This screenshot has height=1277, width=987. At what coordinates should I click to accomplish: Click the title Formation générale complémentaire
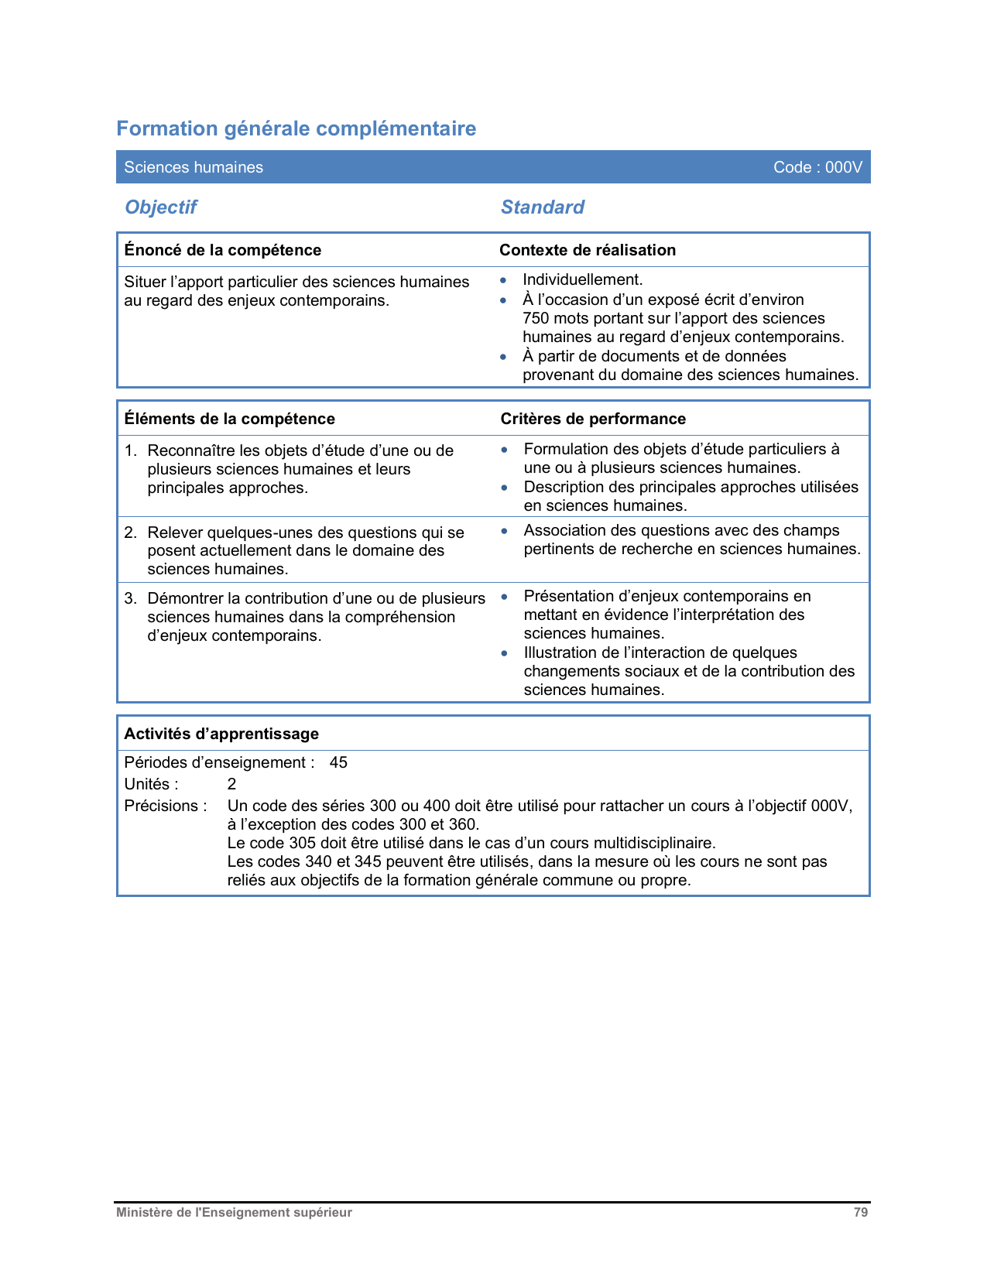(296, 128)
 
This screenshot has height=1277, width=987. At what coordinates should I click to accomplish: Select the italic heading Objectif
(161, 207)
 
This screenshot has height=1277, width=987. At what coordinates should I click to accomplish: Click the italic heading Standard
(542, 207)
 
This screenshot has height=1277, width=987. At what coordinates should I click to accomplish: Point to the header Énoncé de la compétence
(222, 250)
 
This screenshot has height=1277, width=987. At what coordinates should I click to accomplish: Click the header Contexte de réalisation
(587, 250)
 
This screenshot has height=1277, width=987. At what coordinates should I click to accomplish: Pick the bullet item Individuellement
(582, 280)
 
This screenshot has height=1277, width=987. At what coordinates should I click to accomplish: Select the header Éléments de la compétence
(229, 419)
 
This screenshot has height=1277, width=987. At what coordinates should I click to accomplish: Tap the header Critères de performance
(593, 419)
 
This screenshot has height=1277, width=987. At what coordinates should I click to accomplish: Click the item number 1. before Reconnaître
(130, 450)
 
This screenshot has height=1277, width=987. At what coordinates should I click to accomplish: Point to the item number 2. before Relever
(130, 532)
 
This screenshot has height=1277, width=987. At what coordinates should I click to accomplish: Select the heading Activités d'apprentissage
(221, 734)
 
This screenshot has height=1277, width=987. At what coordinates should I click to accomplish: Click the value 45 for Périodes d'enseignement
(338, 762)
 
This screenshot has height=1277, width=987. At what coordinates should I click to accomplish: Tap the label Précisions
(165, 806)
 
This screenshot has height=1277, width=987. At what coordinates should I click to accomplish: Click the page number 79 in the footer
(860, 1213)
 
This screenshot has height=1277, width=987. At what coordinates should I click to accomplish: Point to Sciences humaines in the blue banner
(194, 167)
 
